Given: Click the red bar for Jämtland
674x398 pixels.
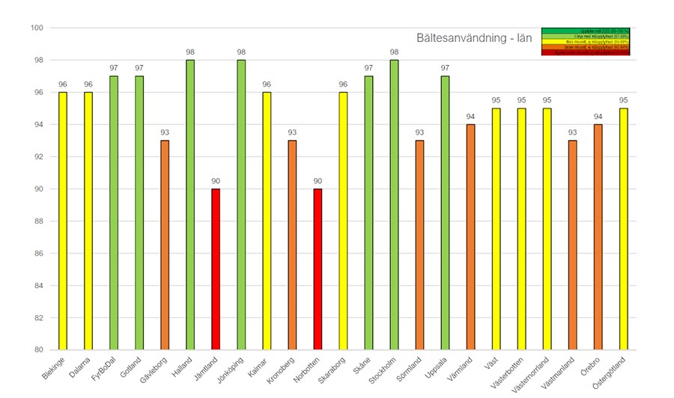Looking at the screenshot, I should pyautogui.click(x=216, y=269).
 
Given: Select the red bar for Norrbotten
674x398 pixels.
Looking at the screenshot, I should pyautogui.click(x=318, y=269).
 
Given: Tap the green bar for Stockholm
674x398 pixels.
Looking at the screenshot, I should pyautogui.click(x=394, y=205).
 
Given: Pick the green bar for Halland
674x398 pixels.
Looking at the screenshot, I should pyautogui.click(x=190, y=205).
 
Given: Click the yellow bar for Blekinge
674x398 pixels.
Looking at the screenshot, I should pyautogui.click(x=63, y=221).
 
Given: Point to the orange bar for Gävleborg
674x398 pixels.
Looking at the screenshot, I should pyautogui.click(x=165, y=245).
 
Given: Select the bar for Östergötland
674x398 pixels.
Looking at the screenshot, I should pyautogui.click(x=623, y=229).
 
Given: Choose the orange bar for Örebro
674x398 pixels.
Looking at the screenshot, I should pyautogui.click(x=598, y=237).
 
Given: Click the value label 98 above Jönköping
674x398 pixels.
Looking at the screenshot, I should pyautogui.click(x=241, y=52).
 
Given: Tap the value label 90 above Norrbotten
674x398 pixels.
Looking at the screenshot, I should pyautogui.click(x=318, y=180).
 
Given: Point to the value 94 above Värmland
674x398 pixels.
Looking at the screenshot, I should pyautogui.click(x=470, y=116).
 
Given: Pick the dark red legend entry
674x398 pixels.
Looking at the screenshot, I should pyautogui.click(x=591, y=53).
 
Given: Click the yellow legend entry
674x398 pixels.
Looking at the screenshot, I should pyautogui.click(x=591, y=41).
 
